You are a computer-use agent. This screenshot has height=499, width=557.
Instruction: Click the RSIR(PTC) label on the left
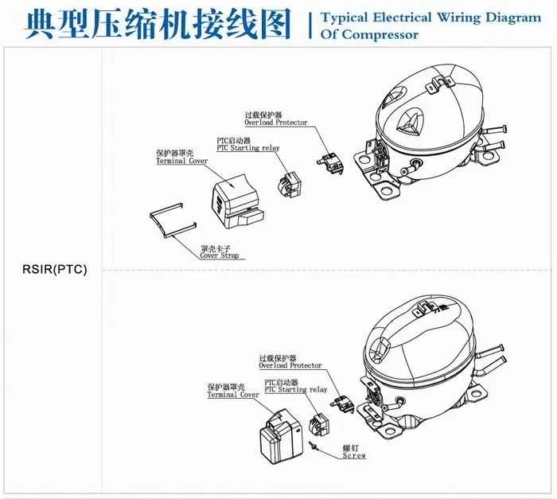[x=54, y=269]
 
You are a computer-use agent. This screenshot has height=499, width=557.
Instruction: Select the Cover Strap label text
[x=219, y=255]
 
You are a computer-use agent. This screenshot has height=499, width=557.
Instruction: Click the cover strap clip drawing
[x=173, y=220]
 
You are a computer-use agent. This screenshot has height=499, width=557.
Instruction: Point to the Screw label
[x=354, y=455]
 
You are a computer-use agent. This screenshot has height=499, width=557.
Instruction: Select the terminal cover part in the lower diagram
[x=280, y=437]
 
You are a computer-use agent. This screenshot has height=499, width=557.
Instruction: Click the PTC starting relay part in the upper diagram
[x=290, y=185]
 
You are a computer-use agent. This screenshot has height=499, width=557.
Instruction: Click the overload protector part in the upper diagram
[x=330, y=163]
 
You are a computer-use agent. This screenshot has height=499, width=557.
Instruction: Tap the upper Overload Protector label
[x=276, y=123]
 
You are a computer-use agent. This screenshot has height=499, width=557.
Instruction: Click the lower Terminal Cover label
[x=233, y=395]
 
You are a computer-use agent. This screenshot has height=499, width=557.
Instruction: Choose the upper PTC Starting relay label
[x=248, y=148]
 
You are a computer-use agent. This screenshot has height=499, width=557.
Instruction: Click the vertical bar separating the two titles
[x=310, y=25]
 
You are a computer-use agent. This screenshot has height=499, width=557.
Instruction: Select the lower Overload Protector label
[x=290, y=365]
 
